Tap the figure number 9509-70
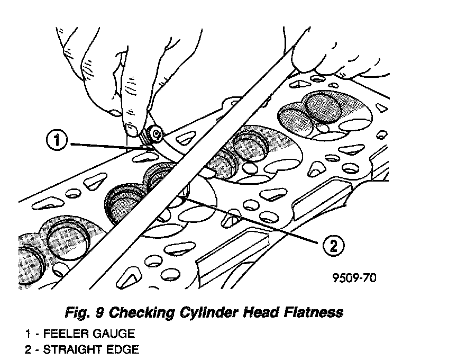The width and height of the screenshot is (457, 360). (x=354, y=277)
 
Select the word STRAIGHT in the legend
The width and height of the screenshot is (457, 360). (x=69, y=350)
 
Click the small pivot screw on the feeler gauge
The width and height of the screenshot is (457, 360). (x=156, y=135)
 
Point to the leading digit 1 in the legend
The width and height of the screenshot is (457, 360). (x=27, y=334)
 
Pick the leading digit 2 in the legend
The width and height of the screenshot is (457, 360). (x=27, y=350)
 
